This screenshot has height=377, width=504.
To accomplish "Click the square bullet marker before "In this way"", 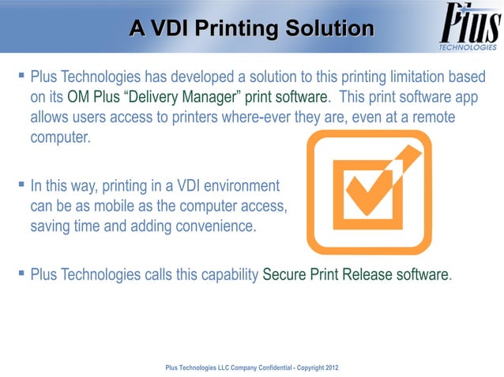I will pyautogui.click(x=21, y=186).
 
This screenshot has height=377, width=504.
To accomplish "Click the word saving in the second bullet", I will pyautogui.click(x=51, y=227).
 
